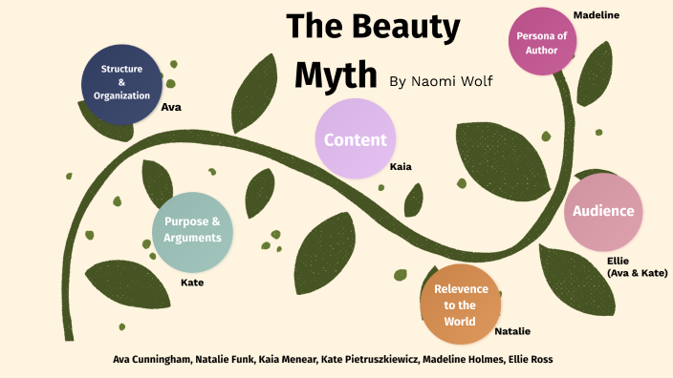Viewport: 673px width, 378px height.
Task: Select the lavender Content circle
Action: pos(355,139)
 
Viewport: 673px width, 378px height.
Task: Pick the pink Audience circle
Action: pos(602,212)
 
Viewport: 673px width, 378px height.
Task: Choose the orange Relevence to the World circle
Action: pos(460,304)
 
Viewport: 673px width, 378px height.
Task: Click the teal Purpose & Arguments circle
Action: pos(192,230)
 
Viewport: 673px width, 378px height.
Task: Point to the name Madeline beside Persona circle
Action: pos(596,14)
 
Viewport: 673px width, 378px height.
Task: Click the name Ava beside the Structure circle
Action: pos(171,107)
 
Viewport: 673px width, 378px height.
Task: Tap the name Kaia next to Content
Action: pos(401,167)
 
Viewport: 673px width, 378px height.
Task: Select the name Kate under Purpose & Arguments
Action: pos(192,283)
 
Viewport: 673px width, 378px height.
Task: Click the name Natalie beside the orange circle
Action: pos(512,331)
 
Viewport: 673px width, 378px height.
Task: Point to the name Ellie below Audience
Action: pos(618,261)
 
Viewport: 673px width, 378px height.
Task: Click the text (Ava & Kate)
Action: pos(638,273)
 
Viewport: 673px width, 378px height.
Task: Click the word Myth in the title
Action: pos(336,73)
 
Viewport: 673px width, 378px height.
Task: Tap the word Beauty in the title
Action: pos(402,28)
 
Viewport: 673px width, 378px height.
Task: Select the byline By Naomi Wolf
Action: pos(441,81)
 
